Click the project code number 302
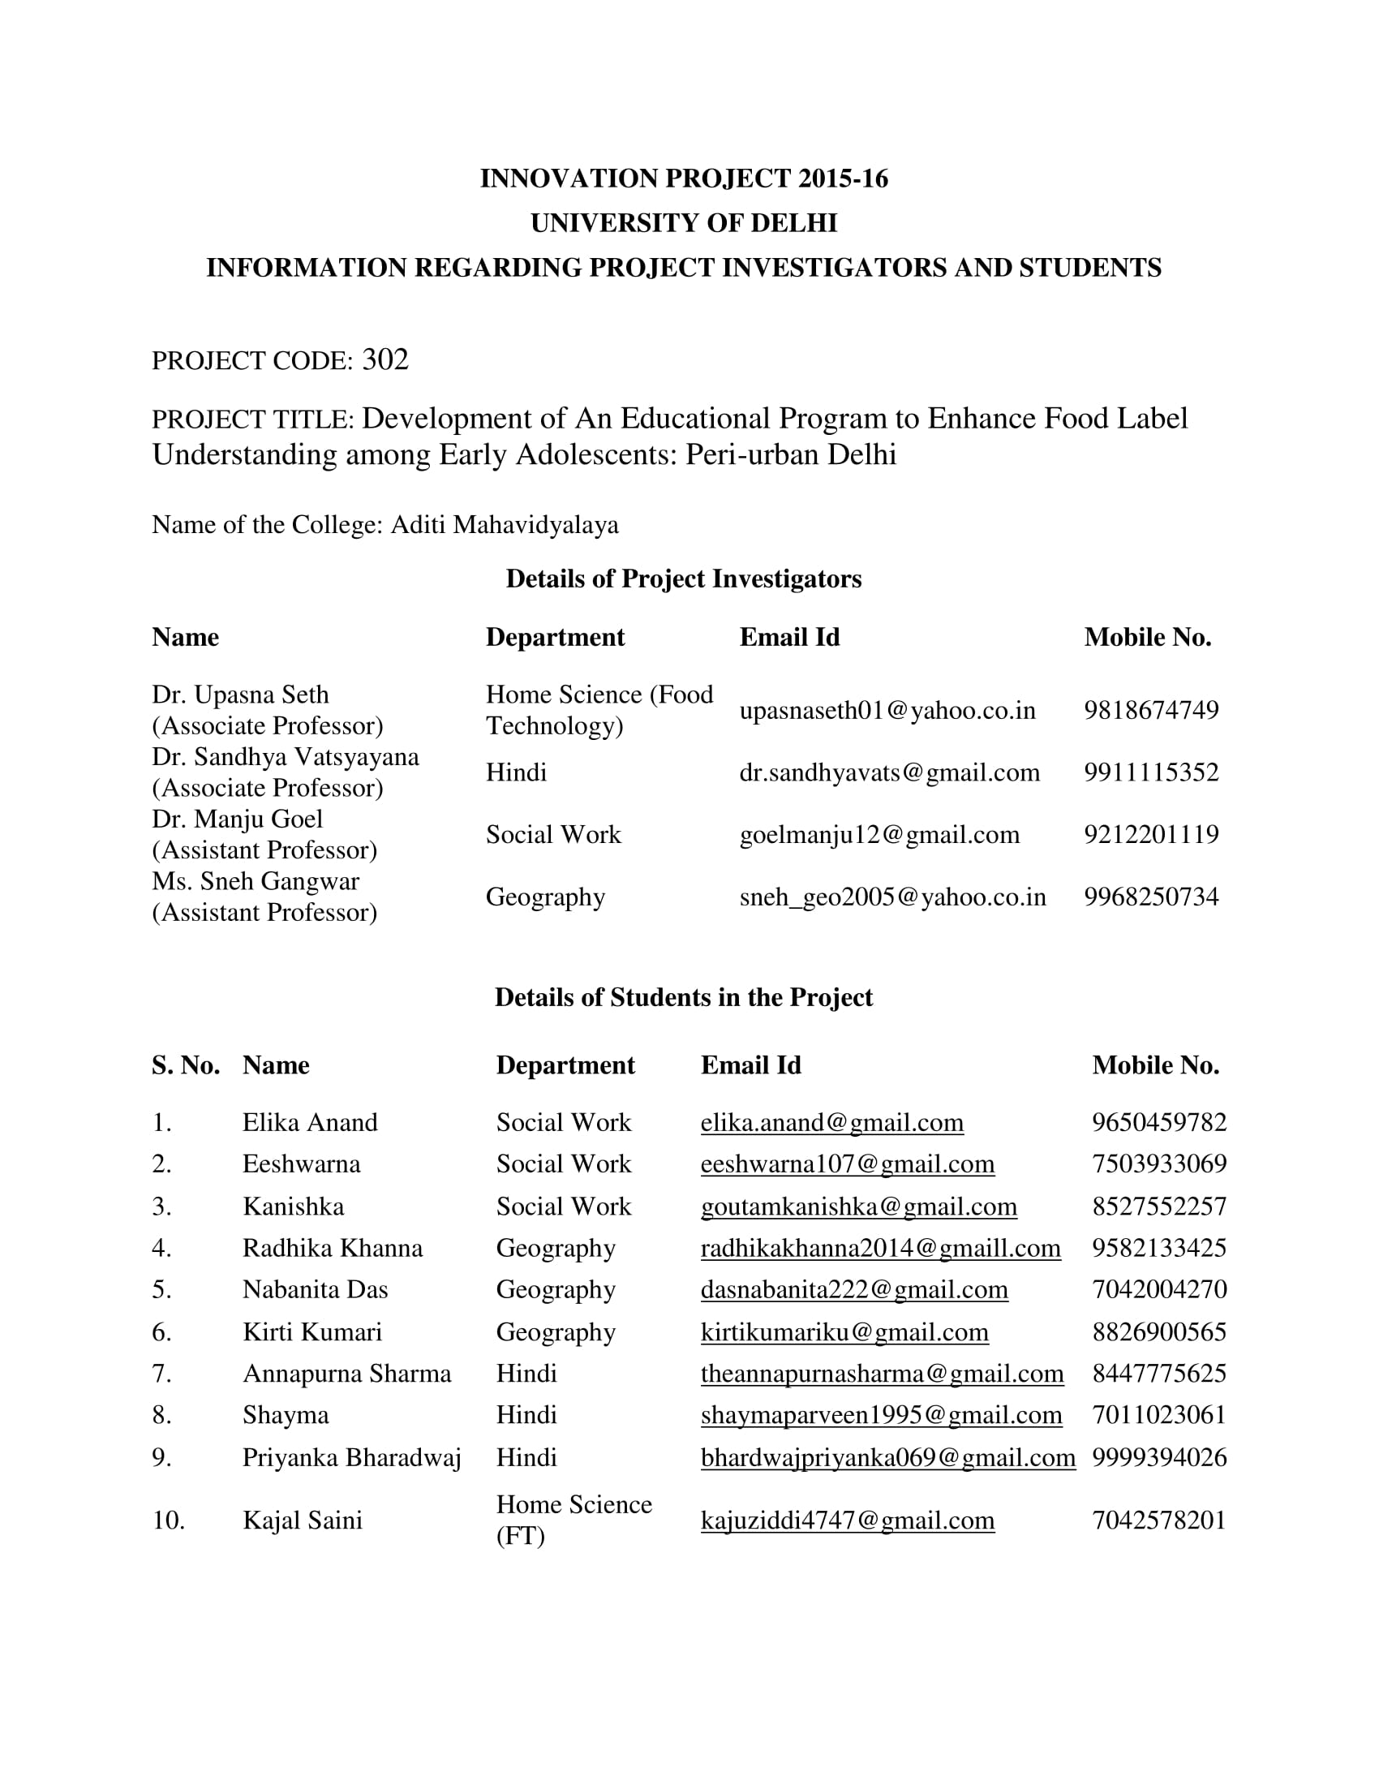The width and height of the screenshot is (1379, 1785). pyautogui.click(x=384, y=359)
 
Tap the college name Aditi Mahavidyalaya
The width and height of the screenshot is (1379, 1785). pyautogui.click(x=504, y=525)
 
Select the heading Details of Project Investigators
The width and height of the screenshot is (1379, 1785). pyautogui.click(x=683, y=579)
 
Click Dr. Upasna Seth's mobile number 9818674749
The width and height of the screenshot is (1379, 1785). pyautogui.click(x=1150, y=709)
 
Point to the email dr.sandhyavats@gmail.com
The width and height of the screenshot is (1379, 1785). pyautogui.click(x=889, y=772)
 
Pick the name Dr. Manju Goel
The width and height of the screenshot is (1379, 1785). pyautogui.click(x=238, y=819)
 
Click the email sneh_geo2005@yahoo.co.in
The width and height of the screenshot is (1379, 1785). pyautogui.click(x=892, y=897)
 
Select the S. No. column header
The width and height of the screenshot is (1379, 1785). pyautogui.click(x=186, y=1065)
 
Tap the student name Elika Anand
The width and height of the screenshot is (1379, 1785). pyautogui.click(x=310, y=1122)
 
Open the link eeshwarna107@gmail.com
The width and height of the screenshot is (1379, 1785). pyautogui.click(x=847, y=1163)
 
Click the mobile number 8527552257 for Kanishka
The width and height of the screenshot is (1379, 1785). pyautogui.click(x=1158, y=1206)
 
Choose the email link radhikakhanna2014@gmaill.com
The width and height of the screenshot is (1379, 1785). pyautogui.click(x=880, y=1248)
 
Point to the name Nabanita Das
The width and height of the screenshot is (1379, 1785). pyautogui.click(x=315, y=1290)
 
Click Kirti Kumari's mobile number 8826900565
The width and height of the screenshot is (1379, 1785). pyautogui.click(x=1158, y=1332)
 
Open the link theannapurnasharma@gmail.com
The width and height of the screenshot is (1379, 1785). pyautogui.click(x=882, y=1374)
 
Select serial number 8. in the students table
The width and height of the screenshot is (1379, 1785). pyautogui.click(x=161, y=1416)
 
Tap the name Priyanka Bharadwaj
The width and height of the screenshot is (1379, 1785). pyautogui.click(x=351, y=1458)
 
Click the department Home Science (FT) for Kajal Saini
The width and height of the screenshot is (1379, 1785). pyautogui.click(x=574, y=1520)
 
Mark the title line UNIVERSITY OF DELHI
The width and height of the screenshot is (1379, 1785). pyautogui.click(x=683, y=223)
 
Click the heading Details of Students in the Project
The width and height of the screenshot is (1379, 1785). pyautogui.click(x=683, y=997)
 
